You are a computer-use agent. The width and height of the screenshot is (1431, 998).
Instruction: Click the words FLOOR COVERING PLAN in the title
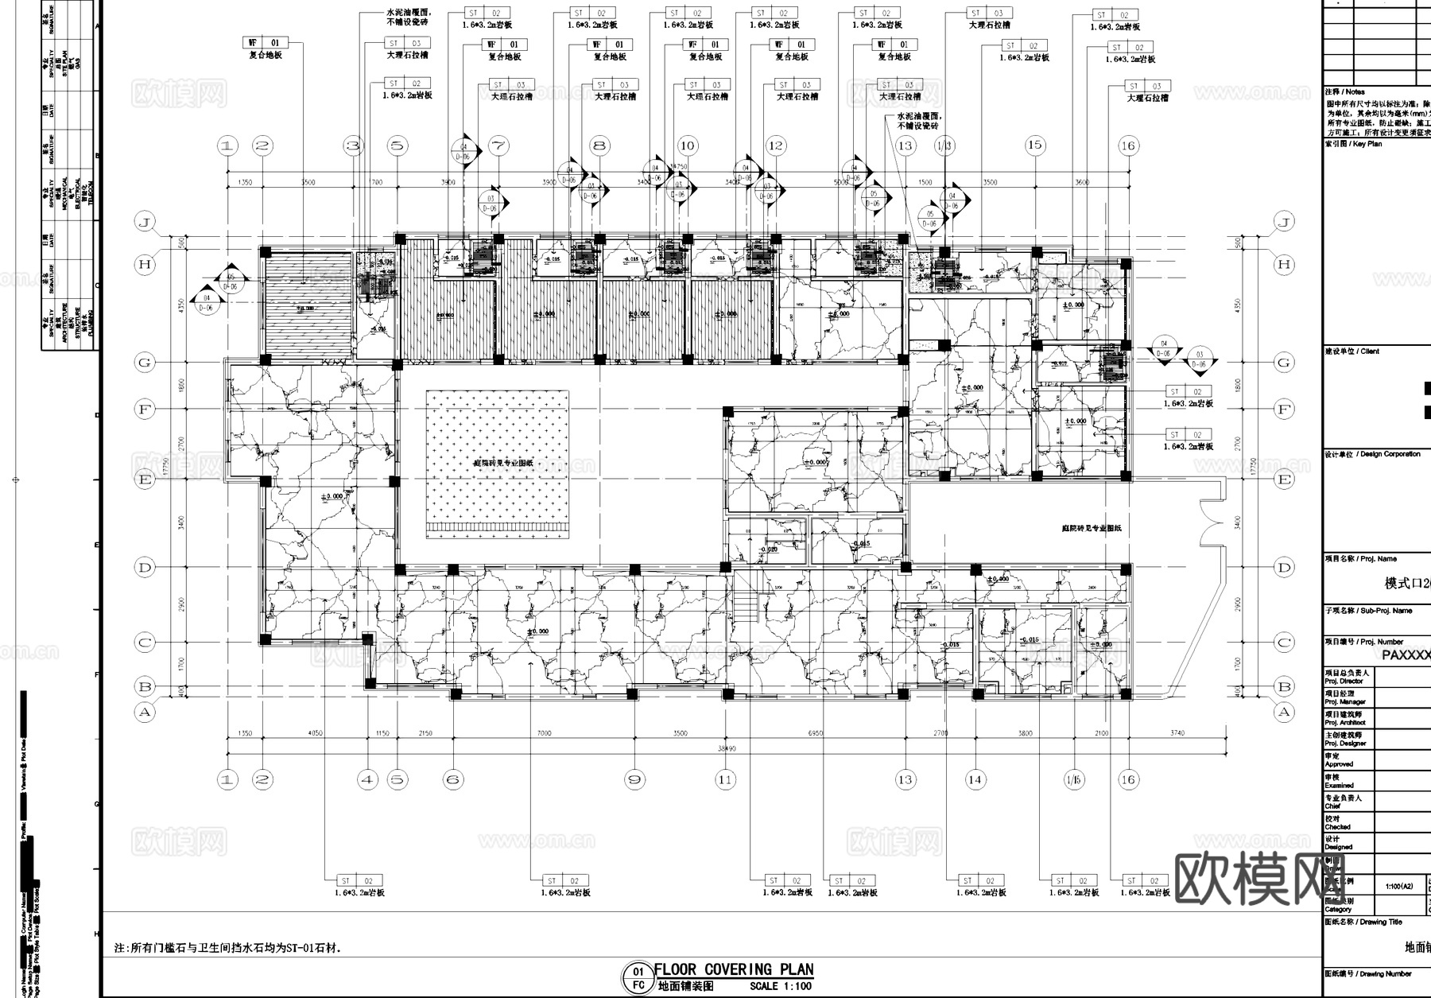(x=733, y=969)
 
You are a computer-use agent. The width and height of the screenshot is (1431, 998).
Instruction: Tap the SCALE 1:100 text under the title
(x=781, y=986)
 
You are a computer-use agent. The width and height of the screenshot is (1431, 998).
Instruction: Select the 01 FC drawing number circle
(x=638, y=977)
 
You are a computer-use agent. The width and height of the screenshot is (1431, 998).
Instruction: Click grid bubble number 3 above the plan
(x=353, y=146)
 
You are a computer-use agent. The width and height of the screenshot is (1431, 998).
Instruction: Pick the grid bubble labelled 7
(x=498, y=146)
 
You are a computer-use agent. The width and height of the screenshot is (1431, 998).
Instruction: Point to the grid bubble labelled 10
(x=688, y=146)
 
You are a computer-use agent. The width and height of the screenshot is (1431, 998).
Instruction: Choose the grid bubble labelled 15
(x=1034, y=145)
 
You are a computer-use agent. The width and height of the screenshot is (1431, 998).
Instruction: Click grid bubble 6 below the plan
(x=453, y=780)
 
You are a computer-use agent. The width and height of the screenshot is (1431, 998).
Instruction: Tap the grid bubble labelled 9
(x=634, y=780)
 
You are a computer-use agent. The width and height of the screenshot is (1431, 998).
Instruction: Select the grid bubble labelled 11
(x=725, y=780)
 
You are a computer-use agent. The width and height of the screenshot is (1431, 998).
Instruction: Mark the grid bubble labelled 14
(x=975, y=780)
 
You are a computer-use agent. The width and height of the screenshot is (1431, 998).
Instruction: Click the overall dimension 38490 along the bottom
(x=726, y=749)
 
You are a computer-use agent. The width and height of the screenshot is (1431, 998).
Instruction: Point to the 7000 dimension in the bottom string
(x=544, y=733)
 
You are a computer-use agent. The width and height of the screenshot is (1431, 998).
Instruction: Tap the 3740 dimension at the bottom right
(x=1177, y=733)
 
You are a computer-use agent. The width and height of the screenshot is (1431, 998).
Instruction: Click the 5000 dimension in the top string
(x=841, y=183)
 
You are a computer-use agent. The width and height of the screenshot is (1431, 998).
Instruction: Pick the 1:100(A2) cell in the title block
(x=1398, y=886)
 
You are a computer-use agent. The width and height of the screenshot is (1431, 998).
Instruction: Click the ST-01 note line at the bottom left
(x=228, y=949)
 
